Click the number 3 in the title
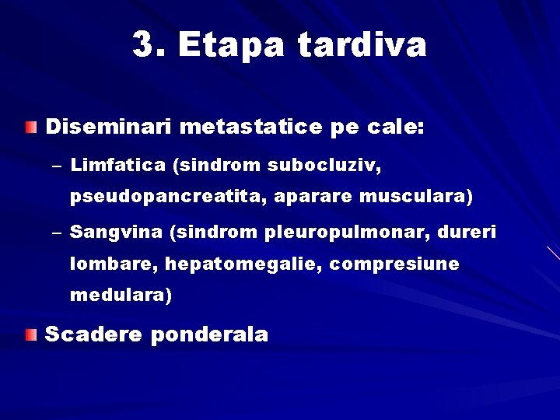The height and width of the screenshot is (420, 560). [143, 45]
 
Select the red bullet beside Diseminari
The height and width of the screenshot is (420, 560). [30, 127]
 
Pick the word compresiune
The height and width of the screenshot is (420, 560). [394, 265]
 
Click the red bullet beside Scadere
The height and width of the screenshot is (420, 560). [30, 335]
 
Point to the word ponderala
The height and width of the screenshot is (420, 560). [211, 335]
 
